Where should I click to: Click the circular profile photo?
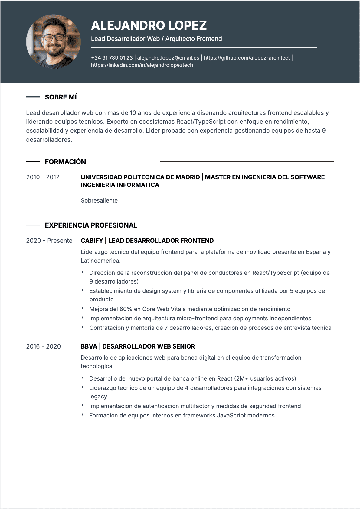(54, 41)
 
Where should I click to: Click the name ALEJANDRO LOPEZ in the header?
(149, 25)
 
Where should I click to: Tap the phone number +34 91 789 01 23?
(112, 58)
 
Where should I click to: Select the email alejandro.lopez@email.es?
(168, 58)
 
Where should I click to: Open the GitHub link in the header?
(247, 58)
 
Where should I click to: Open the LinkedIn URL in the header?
(142, 65)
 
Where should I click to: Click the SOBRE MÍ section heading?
(61, 97)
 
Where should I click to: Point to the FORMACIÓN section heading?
(65, 162)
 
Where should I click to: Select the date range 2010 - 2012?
(43, 177)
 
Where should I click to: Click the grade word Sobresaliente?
(99, 200)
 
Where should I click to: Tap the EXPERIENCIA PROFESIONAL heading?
(91, 225)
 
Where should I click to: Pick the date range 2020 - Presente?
(49, 241)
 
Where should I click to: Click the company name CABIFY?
(92, 241)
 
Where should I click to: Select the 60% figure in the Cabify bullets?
(126, 309)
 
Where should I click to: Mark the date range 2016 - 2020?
(43, 346)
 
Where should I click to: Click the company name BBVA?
(89, 346)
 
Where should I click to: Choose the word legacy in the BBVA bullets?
(98, 396)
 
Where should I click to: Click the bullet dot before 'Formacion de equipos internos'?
(82, 415)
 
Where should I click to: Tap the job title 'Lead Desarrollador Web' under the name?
(125, 39)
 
